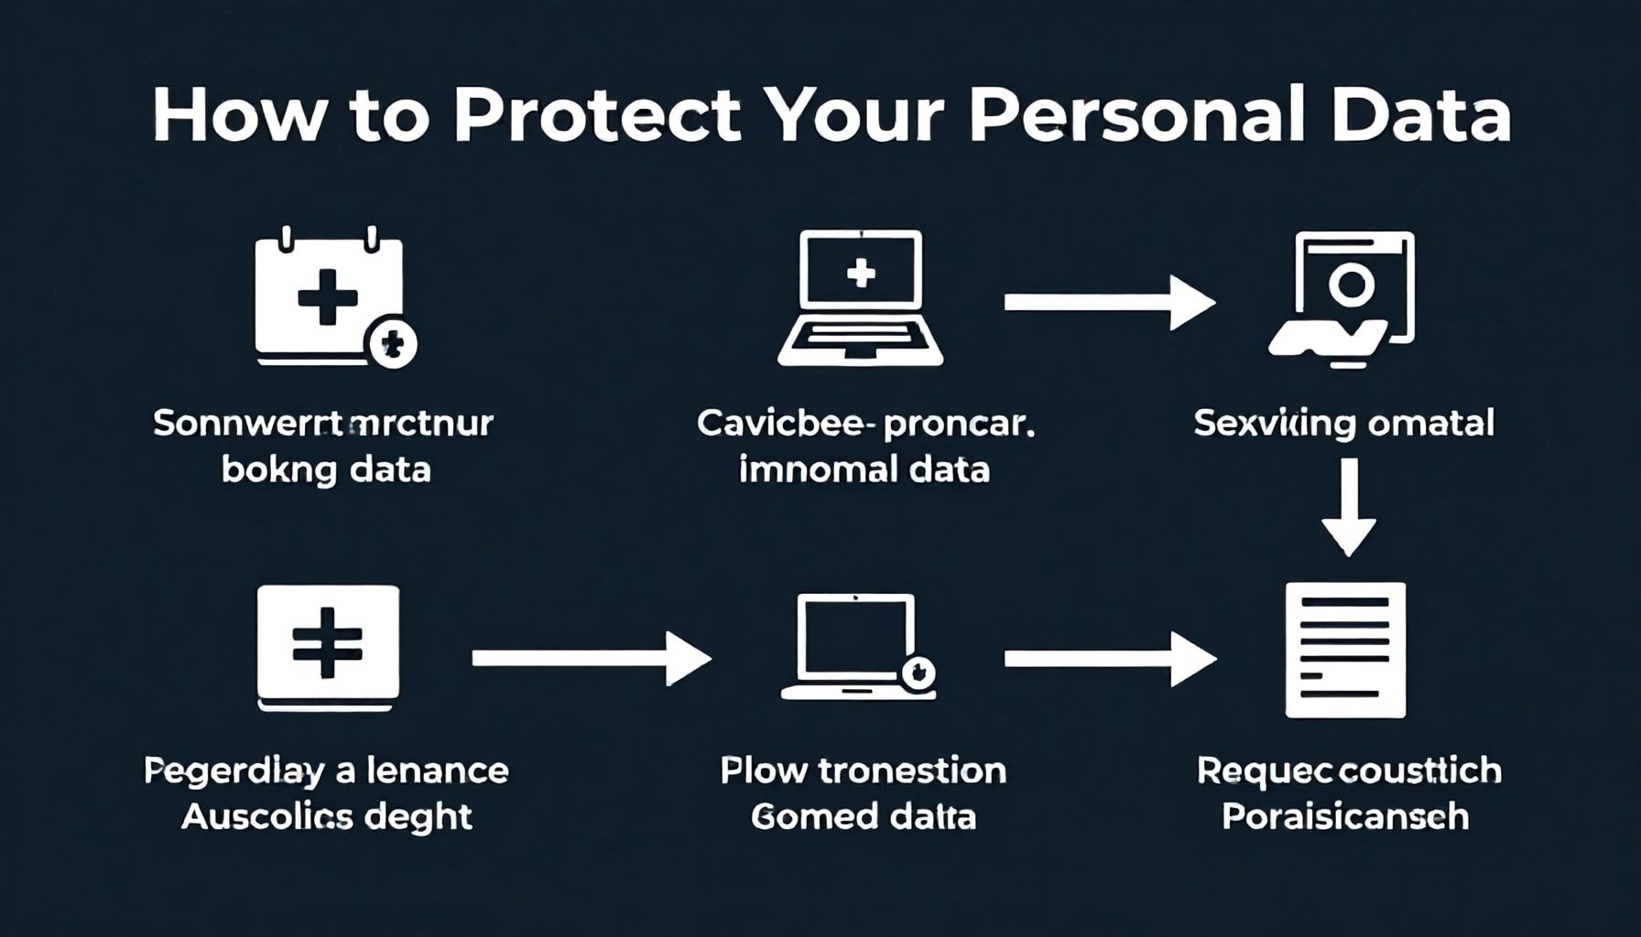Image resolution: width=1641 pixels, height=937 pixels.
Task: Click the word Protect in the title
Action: (x=596, y=116)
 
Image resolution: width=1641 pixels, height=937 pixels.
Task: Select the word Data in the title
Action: (x=1420, y=116)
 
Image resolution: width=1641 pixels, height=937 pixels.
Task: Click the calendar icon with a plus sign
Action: (x=327, y=295)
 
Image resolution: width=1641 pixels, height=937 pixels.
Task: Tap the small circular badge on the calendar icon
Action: (x=392, y=345)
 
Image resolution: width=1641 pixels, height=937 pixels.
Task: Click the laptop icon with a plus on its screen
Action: (x=860, y=298)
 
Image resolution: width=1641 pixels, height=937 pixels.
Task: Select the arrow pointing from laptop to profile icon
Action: (x=1109, y=303)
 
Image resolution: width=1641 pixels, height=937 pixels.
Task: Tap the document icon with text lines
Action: (x=1345, y=650)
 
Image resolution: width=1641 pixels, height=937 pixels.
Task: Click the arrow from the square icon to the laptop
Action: (x=591, y=658)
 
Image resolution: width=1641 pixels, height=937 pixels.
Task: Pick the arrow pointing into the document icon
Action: (x=1109, y=658)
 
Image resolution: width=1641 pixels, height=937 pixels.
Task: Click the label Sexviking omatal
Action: (x=1343, y=424)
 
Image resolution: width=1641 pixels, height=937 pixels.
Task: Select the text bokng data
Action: (x=326, y=469)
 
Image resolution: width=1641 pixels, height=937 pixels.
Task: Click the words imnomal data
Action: (x=864, y=469)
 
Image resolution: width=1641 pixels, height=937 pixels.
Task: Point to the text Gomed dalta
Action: (x=863, y=816)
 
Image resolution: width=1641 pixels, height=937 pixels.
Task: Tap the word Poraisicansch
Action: (x=1345, y=816)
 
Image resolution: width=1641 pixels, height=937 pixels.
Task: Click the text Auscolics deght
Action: (x=326, y=816)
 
